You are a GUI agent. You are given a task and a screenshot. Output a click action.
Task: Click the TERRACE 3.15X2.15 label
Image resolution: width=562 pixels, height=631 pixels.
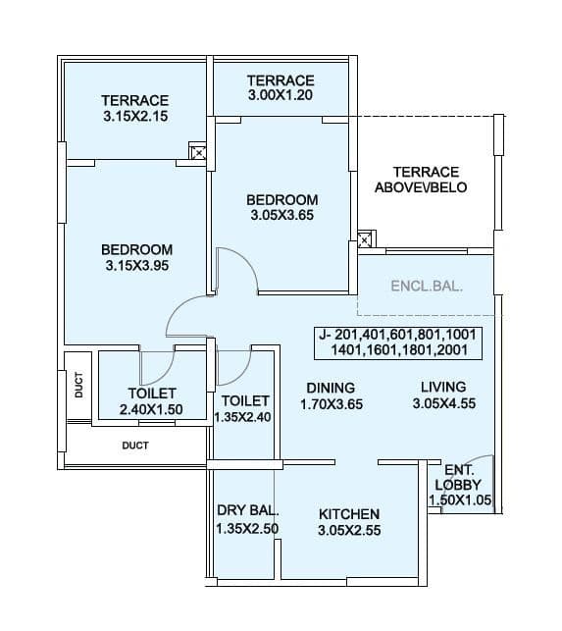[x=135, y=108]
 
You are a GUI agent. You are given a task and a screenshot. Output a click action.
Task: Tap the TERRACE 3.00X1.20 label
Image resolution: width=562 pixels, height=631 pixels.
[x=281, y=88]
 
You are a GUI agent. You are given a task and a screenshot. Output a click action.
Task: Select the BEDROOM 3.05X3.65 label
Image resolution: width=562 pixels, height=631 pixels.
[x=281, y=208]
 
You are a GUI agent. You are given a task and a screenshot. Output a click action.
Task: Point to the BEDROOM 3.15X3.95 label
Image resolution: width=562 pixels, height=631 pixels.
[x=136, y=257]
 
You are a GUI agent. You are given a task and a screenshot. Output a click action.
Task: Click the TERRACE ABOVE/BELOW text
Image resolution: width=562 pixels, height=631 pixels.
[x=426, y=180]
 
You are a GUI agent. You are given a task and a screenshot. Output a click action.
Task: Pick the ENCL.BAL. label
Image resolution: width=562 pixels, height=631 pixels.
[x=427, y=288]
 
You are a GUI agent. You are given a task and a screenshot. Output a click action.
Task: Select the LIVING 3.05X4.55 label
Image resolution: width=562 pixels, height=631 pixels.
[x=442, y=394]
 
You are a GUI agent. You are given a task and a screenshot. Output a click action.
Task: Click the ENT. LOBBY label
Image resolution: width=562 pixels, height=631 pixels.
[x=460, y=486]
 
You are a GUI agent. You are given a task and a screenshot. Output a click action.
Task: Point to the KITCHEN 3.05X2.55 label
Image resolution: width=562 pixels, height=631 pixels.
[x=349, y=522]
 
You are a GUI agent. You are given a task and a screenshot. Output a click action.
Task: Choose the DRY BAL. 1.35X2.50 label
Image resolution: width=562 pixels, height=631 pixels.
[x=248, y=520]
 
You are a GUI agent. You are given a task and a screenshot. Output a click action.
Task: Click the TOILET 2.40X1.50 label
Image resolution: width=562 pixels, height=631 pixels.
[x=151, y=401]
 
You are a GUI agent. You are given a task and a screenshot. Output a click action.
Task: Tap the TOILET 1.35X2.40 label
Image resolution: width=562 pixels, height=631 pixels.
[x=245, y=409]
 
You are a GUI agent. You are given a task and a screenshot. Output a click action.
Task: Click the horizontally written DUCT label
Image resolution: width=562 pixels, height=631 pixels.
[x=135, y=445]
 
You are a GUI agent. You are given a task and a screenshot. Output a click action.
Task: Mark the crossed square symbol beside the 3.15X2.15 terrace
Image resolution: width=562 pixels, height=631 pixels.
[x=198, y=152]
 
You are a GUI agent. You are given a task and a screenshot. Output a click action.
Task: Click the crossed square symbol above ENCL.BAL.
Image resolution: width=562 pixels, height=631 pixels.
[x=365, y=239]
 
